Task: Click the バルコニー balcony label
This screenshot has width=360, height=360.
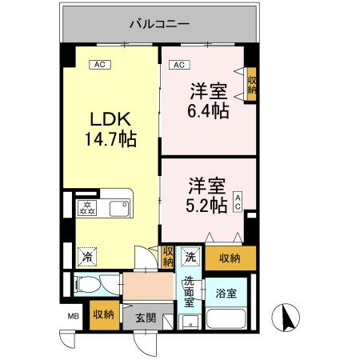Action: click(159, 25)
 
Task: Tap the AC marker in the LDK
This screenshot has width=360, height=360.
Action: click(101, 65)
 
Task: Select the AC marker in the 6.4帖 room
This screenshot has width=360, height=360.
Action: click(179, 65)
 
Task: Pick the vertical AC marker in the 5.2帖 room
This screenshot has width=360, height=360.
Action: click(238, 202)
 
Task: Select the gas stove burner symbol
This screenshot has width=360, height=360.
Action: click(85, 210)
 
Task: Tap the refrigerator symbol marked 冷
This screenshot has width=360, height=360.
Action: click(85, 258)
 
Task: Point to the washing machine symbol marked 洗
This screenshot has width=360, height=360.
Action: click(190, 257)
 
